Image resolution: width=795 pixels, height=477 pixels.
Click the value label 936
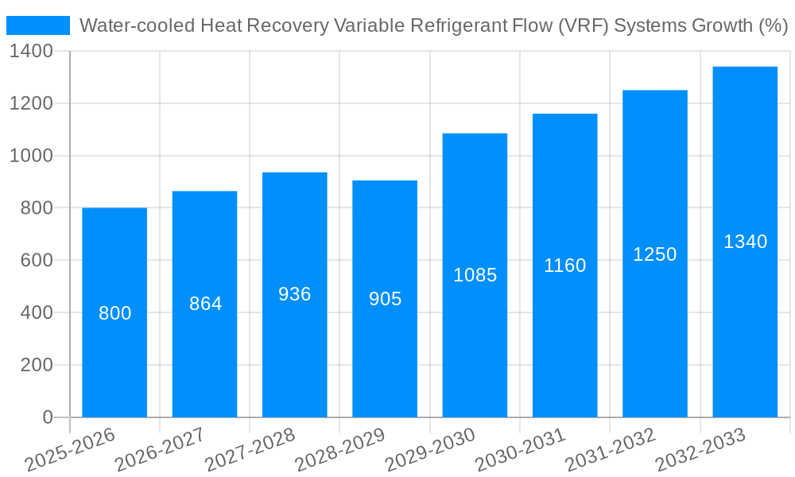295,294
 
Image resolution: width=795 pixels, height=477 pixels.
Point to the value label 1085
475,275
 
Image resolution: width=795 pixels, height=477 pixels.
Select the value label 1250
655,254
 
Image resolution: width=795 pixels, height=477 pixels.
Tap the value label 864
205,304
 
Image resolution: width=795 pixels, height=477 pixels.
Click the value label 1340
745,242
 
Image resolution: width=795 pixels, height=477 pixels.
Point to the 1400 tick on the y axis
31,52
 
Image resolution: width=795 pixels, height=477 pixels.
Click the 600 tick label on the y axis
37,261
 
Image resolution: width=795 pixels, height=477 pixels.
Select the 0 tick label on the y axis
48,417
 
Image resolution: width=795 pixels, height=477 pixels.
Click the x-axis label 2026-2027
160,450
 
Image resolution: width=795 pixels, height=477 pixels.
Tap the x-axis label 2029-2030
430,450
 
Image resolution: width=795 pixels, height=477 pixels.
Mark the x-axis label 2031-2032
611,450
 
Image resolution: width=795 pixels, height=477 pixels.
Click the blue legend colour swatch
38,25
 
